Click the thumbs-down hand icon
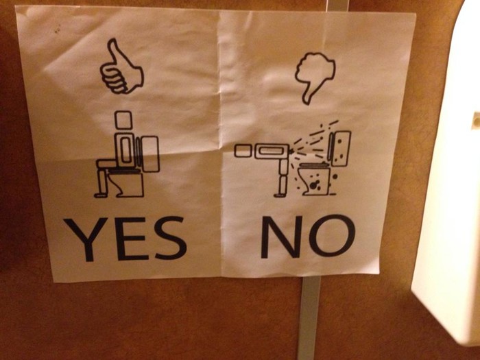pos(314,77)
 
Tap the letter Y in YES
pos(85,239)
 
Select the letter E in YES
pos(131,239)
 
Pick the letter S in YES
pos(170,237)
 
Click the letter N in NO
pos(281,237)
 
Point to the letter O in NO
pos(332,235)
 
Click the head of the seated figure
pos(123,120)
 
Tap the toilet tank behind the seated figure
pos(150,154)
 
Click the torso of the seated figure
pos(125,151)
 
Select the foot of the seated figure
pos(100,195)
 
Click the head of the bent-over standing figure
pos(243,152)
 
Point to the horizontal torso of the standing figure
pos(272,152)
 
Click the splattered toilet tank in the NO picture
pos(341,149)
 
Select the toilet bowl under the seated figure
pos(129,183)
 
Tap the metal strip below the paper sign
pos(309,317)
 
